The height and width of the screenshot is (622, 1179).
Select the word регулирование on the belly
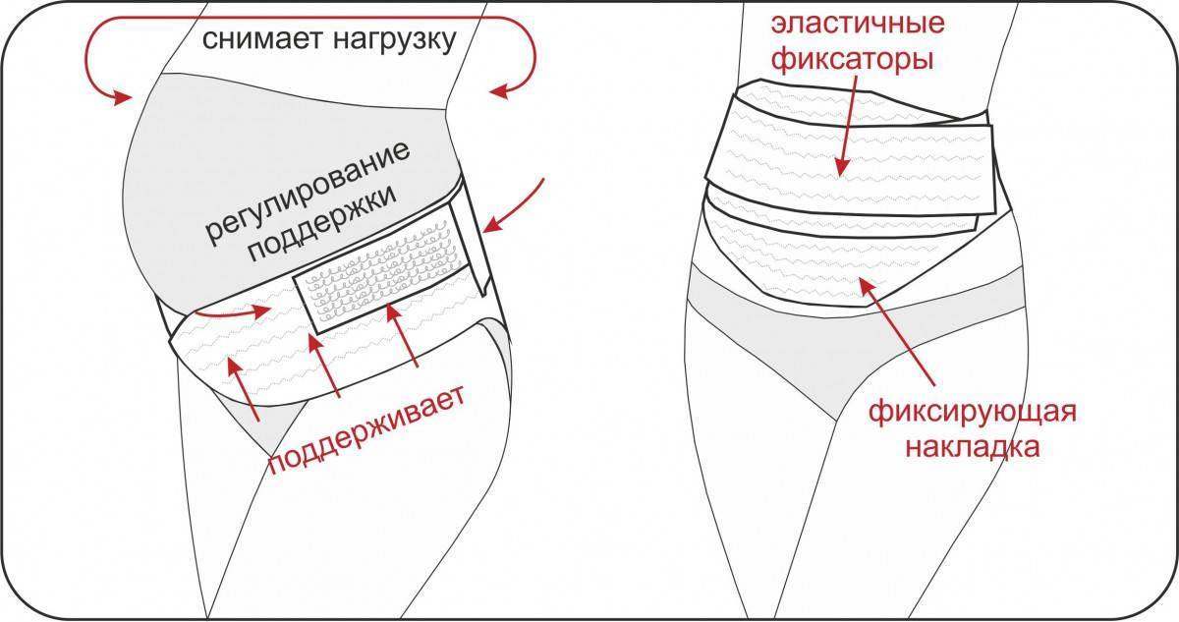(x=308, y=194)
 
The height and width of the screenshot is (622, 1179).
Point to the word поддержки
(x=322, y=224)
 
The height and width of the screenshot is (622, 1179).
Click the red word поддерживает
(x=366, y=430)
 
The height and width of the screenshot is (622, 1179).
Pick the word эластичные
(x=858, y=24)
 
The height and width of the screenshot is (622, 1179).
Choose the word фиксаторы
(x=852, y=58)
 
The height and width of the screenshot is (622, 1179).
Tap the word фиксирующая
(x=972, y=411)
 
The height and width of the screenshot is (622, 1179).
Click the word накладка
(x=972, y=447)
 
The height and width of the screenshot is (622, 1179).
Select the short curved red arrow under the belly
(x=232, y=313)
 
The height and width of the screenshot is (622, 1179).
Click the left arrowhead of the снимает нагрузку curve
(x=122, y=98)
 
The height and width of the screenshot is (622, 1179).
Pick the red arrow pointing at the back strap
(x=513, y=206)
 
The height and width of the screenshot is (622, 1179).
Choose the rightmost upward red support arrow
(x=403, y=335)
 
